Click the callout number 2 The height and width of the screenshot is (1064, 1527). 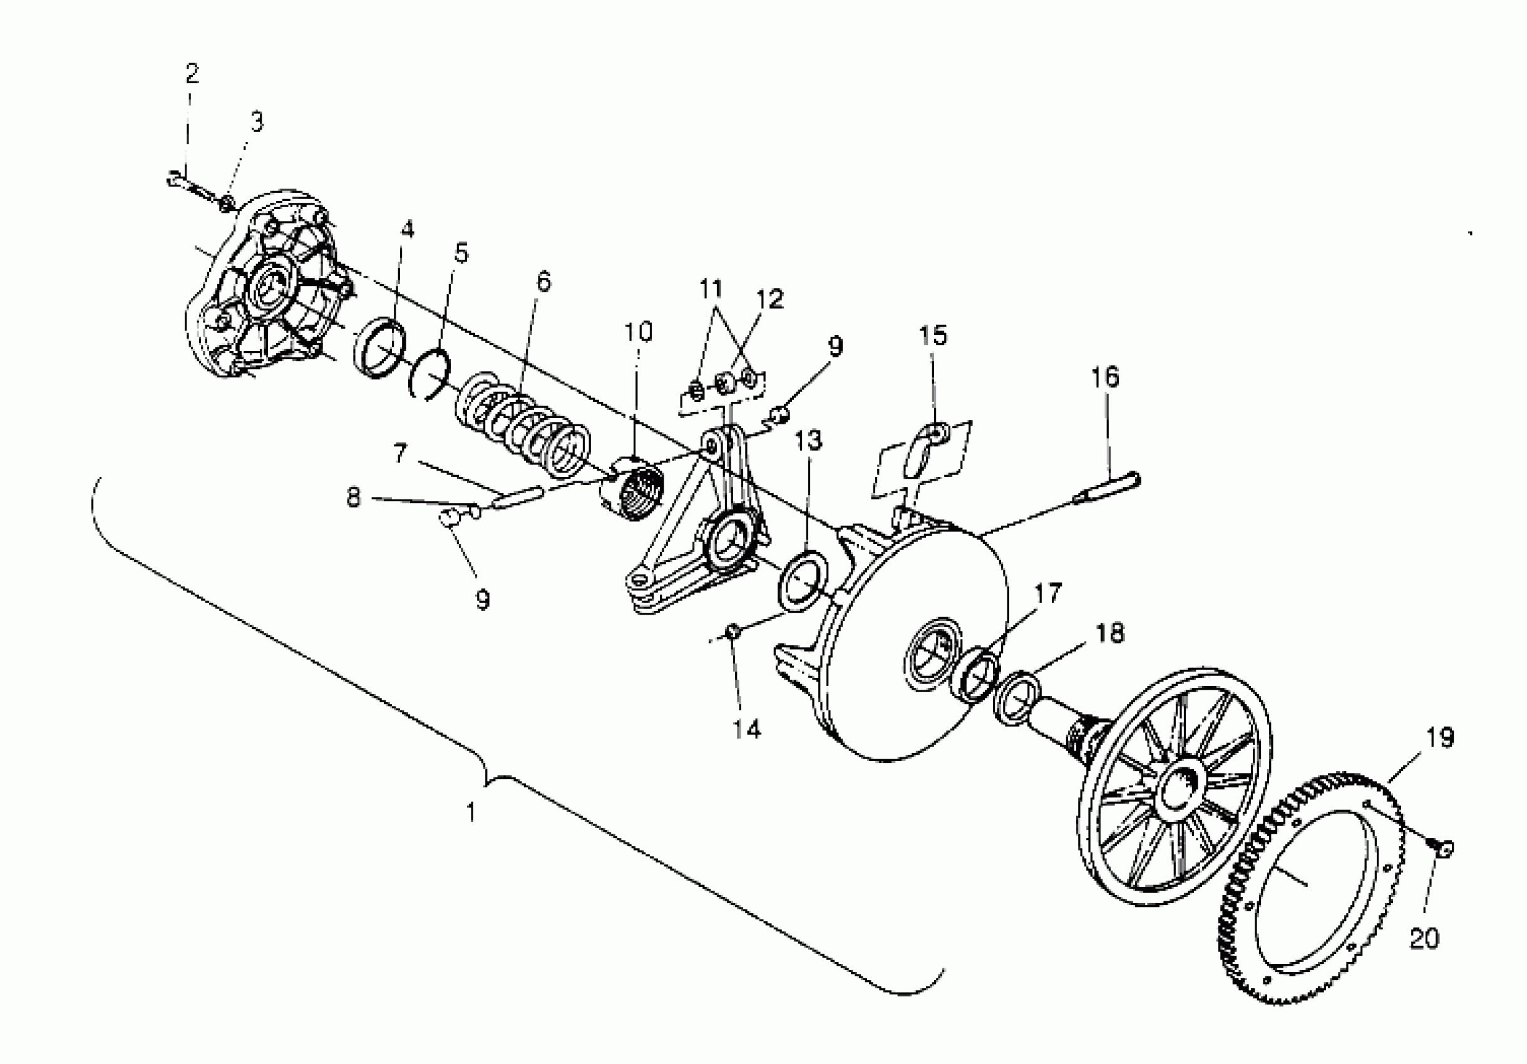(x=192, y=74)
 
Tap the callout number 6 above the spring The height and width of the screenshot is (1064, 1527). (x=543, y=282)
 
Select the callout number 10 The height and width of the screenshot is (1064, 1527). (x=637, y=332)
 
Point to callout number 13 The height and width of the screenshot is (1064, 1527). (x=809, y=440)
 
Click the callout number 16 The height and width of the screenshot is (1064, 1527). (x=1104, y=377)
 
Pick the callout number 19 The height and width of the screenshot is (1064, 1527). (x=1440, y=737)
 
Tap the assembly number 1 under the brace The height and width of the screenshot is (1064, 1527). (x=471, y=812)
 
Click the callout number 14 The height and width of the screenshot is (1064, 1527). (x=746, y=730)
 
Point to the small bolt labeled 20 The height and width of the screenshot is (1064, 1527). (x=1444, y=848)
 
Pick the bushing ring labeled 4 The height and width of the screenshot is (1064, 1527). (x=382, y=348)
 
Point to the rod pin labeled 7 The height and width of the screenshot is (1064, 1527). (x=518, y=498)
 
